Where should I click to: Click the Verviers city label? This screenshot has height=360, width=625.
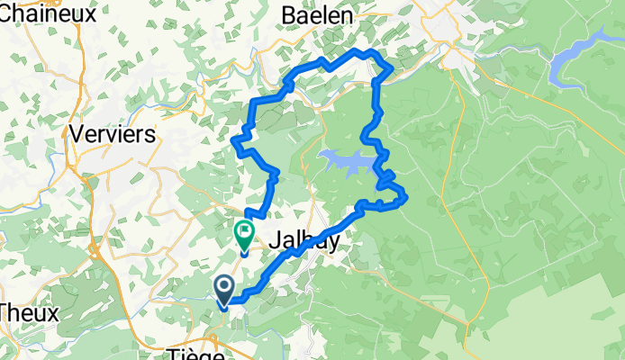tap(113, 134)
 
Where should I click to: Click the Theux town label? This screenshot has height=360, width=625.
tap(29, 314)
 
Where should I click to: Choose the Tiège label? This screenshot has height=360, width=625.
tap(196, 354)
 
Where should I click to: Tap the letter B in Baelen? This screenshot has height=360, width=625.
tap(288, 15)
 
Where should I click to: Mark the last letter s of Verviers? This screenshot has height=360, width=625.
tap(149, 134)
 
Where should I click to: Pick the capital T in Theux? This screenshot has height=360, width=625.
tap(5, 314)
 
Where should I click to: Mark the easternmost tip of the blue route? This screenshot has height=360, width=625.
tap(408, 196)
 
